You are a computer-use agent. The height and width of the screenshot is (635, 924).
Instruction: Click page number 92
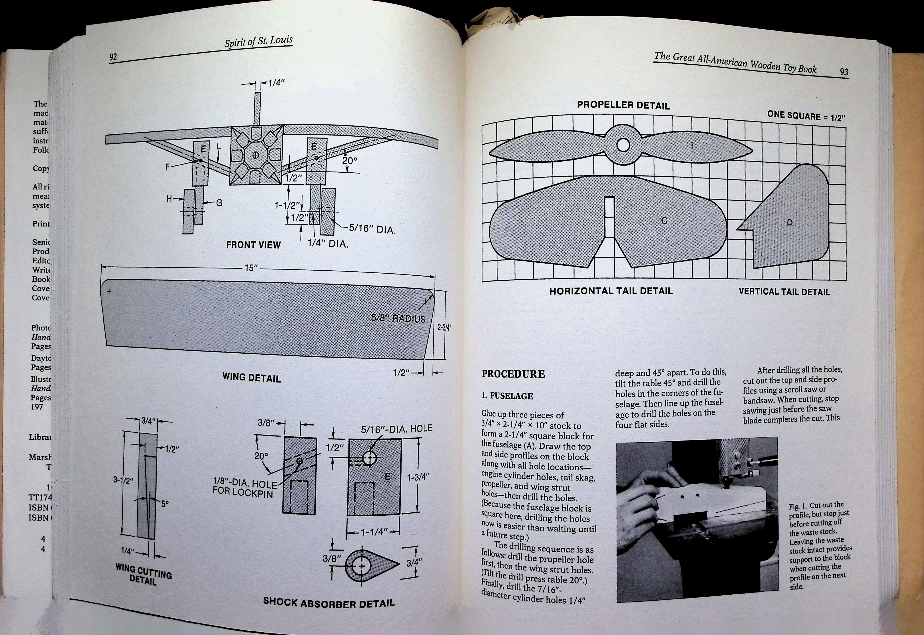tap(113, 57)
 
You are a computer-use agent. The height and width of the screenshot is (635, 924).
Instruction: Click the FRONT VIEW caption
tap(253, 245)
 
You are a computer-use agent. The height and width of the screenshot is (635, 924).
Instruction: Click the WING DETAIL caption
tap(251, 377)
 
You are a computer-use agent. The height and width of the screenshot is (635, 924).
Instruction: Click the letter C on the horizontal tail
tap(664, 220)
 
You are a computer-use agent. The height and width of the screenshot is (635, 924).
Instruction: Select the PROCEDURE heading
tap(513, 374)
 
